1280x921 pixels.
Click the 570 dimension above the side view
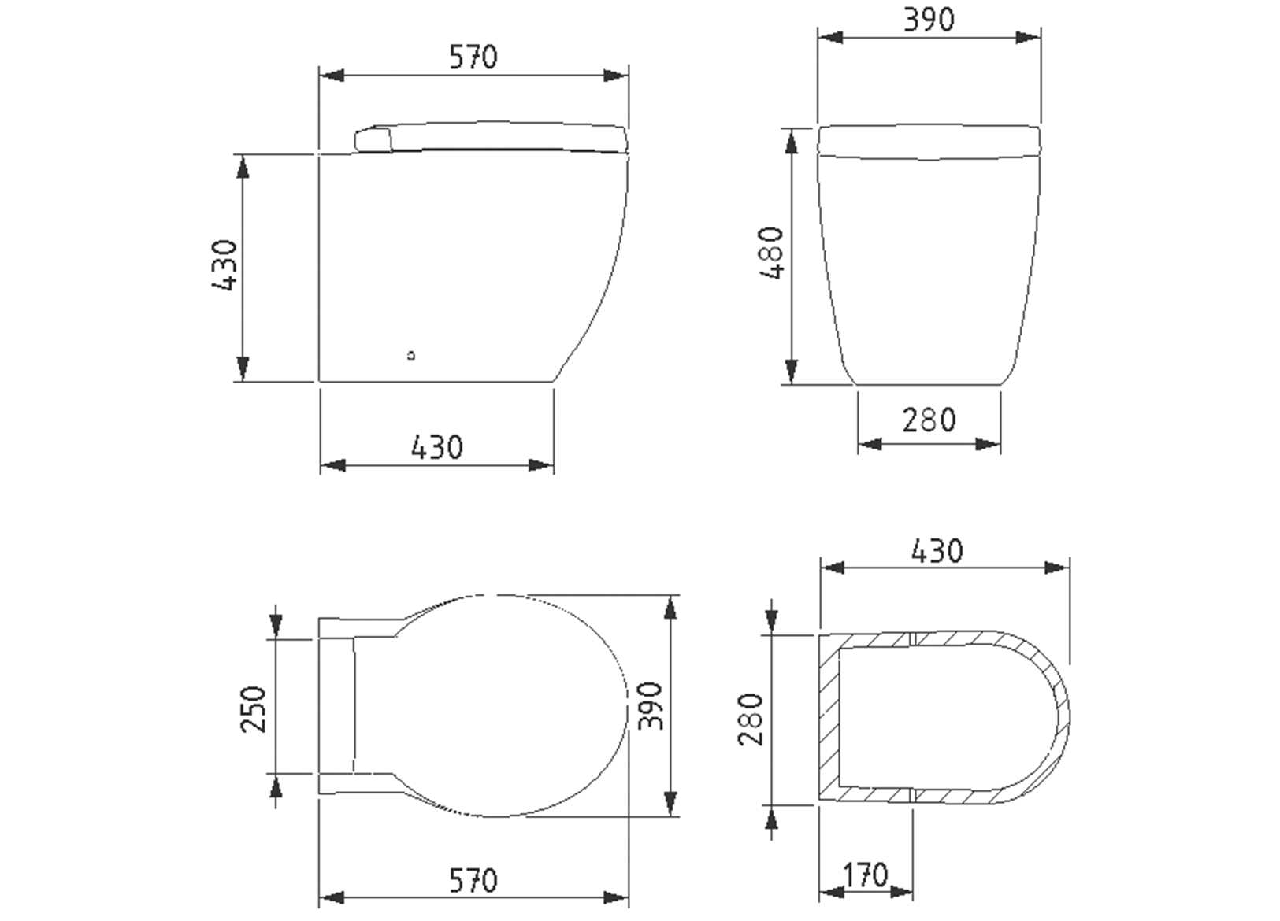(x=473, y=57)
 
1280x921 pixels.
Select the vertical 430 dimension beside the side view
(x=225, y=266)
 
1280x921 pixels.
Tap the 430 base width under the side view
(x=437, y=447)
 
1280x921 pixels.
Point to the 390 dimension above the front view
(x=929, y=20)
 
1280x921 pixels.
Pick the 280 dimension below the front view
(x=929, y=420)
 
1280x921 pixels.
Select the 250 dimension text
(x=254, y=708)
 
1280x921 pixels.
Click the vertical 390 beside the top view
(x=651, y=705)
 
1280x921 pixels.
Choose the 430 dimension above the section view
(x=937, y=551)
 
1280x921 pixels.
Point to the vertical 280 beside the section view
(x=751, y=719)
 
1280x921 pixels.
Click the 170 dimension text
(x=866, y=875)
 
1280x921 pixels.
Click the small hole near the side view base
(x=411, y=356)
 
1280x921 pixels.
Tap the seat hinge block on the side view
(x=373, y=140)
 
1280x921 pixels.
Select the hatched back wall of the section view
(x=828, y=719)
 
